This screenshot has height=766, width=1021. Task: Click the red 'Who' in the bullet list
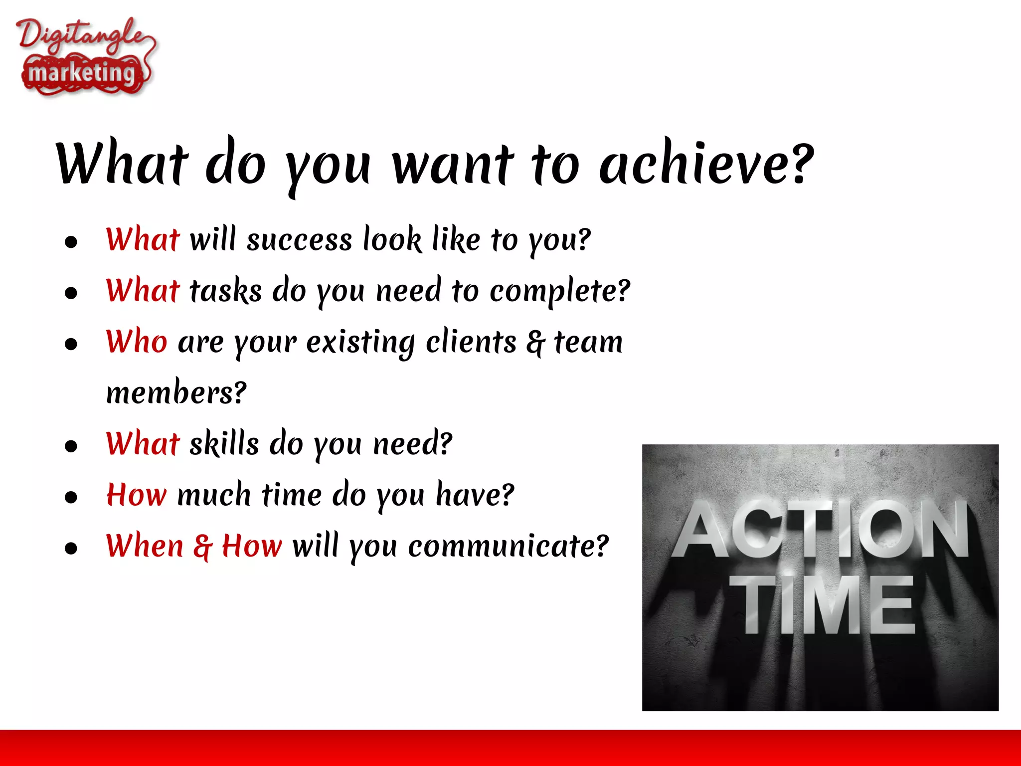click(x=136, y=342)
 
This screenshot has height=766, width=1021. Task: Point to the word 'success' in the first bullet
click(x=300, y=240)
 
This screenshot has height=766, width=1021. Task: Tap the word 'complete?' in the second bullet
click(x=559, y=291)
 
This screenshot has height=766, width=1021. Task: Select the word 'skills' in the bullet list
click(x=224, y=443)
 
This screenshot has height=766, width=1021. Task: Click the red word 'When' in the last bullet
click(x=145, y=546)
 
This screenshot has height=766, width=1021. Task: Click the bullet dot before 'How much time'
click(x=71, y=497)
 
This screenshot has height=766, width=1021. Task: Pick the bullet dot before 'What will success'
click(x=71, y=242)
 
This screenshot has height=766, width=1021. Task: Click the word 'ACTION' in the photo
click(x=820, y=530)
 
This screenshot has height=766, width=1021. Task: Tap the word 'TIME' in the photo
click(x=823, y=605)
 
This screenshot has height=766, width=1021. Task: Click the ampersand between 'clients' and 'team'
click(x=535, y=343)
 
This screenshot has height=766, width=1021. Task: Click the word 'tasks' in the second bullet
click(x=226, y=291)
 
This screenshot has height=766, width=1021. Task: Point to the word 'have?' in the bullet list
click(x=475, y=495)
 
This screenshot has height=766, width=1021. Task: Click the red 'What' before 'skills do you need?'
click(x=143, y=443)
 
